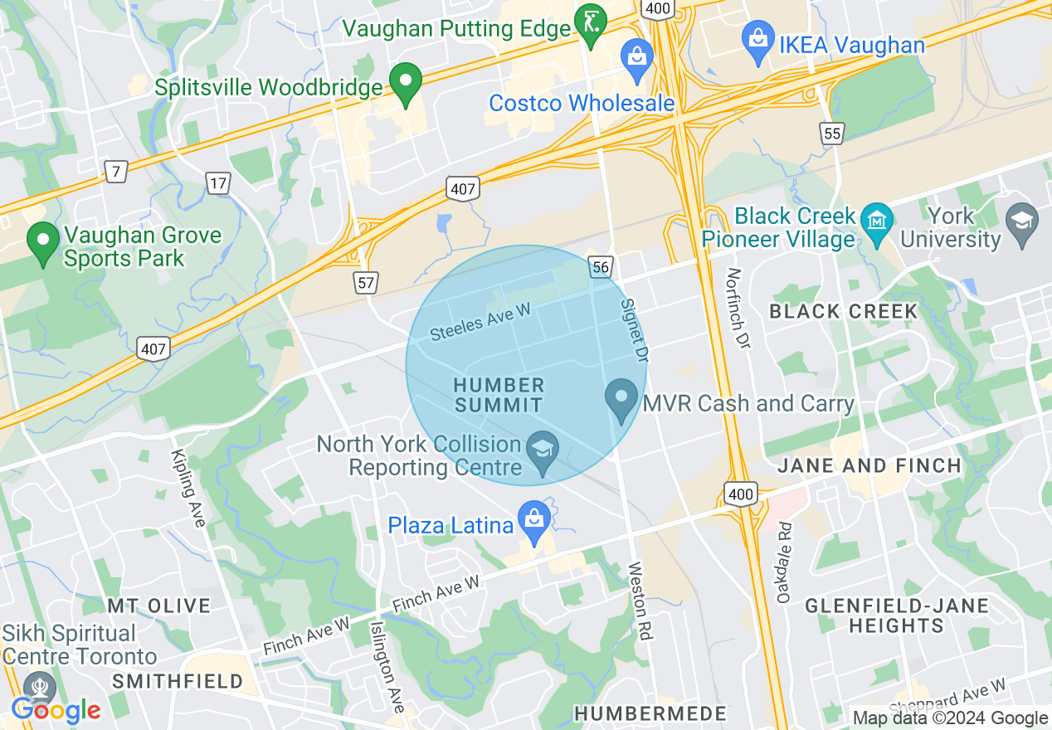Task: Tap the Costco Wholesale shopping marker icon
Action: [x=636, y=58]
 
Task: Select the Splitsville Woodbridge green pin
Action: [x=407, y=83]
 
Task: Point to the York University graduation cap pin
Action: [x=1021, y=221]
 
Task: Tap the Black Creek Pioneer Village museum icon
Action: [x=877, y=221]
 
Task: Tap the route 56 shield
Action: [x=602, y=266]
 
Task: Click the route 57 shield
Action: [x=366, y=283]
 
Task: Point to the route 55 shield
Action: [x=831, y=134]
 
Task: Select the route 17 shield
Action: [x=218, y=183]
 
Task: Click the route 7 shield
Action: [x=116, y=172]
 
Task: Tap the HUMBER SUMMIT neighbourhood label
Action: [x=499, y=395]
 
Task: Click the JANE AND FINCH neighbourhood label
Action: [x=869, y=466]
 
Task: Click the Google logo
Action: [x=56, y=710]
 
